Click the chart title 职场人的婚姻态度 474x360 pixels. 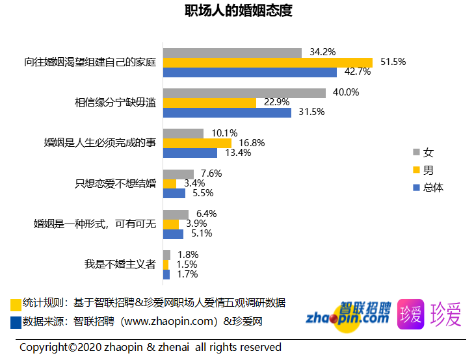click(x=237, y=11)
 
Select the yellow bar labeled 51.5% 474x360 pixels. click(x=267, y=62)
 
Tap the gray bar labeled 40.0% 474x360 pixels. click(x=244, y=93)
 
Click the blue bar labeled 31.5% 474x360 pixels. click(x=227, y=112)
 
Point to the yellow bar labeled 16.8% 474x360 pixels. click(x=197, y=143)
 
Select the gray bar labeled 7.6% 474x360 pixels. click(x=178, y=174)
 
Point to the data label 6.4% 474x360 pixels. click(x=206, y=213)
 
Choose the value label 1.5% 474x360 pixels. click(x=187, y=264)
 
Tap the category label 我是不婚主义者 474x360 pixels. click(x=120, y=264)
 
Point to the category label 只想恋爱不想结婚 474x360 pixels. click(x=116, y=183)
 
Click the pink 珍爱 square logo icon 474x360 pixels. click(x=410, y=314)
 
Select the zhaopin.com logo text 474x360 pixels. click(x=348, y=318)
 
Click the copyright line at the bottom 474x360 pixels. click(x=150, y=347)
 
